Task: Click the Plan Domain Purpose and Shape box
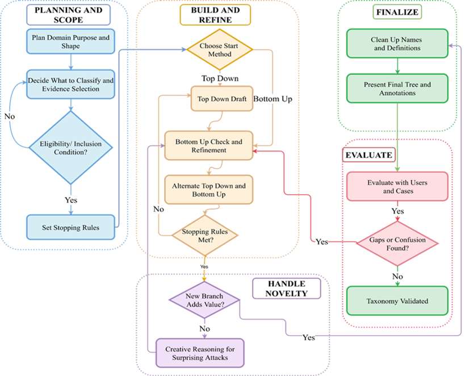pos(70,41)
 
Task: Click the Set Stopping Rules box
pos(70,228)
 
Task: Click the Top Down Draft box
pos(221,99)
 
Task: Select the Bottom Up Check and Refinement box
pos(208,146)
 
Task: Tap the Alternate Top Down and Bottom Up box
pos(208,190)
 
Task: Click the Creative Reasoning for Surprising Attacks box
pos(199,353)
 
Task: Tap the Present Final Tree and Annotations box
pos(397,88)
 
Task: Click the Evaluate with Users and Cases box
pos(397,186)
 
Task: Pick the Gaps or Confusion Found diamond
pos(397,244)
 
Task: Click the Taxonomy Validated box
pos(397,300)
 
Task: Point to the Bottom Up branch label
pos(273,99)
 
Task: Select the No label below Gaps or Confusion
pos(397,277)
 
